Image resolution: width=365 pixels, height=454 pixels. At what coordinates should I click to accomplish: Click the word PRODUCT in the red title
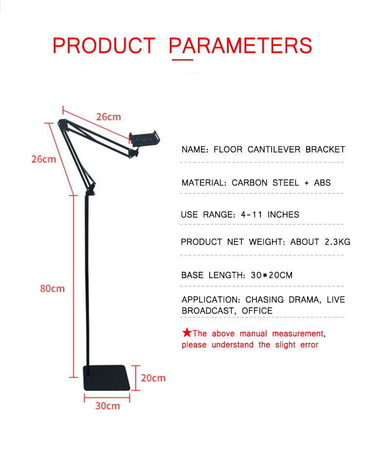coord(104,46)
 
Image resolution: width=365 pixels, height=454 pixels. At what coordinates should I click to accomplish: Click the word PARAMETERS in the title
coord(240,46)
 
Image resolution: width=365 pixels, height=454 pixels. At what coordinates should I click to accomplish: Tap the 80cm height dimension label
coord(53,288)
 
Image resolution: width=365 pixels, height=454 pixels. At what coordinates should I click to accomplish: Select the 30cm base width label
coord(108,406)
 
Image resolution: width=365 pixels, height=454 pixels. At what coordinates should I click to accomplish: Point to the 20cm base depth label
coord(153,378)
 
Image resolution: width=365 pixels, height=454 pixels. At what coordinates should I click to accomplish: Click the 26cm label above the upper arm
coord(109,117)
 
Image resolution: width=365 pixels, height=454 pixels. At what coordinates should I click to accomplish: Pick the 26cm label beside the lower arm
coord(44,159)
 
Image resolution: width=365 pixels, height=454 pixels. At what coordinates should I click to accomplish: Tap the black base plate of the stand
coord(107,378)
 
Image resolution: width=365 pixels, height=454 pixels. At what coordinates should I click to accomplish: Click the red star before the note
coord(187,332)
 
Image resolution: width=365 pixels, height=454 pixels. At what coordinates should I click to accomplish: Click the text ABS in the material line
coord(322,183)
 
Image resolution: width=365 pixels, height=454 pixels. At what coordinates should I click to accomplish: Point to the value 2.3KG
coord(338,242)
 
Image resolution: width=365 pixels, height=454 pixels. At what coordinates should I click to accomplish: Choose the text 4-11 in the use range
coord(252,214)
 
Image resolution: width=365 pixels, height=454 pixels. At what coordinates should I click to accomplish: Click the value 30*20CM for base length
coord(272,275)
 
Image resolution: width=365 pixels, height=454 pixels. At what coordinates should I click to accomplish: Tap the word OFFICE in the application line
coord(257,311)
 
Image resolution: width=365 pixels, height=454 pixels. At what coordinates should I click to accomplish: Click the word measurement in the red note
coord(299,334)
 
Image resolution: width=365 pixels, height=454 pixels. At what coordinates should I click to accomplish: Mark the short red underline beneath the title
coord(182,59)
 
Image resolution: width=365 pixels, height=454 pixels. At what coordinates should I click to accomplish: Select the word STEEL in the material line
coord(286,183)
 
